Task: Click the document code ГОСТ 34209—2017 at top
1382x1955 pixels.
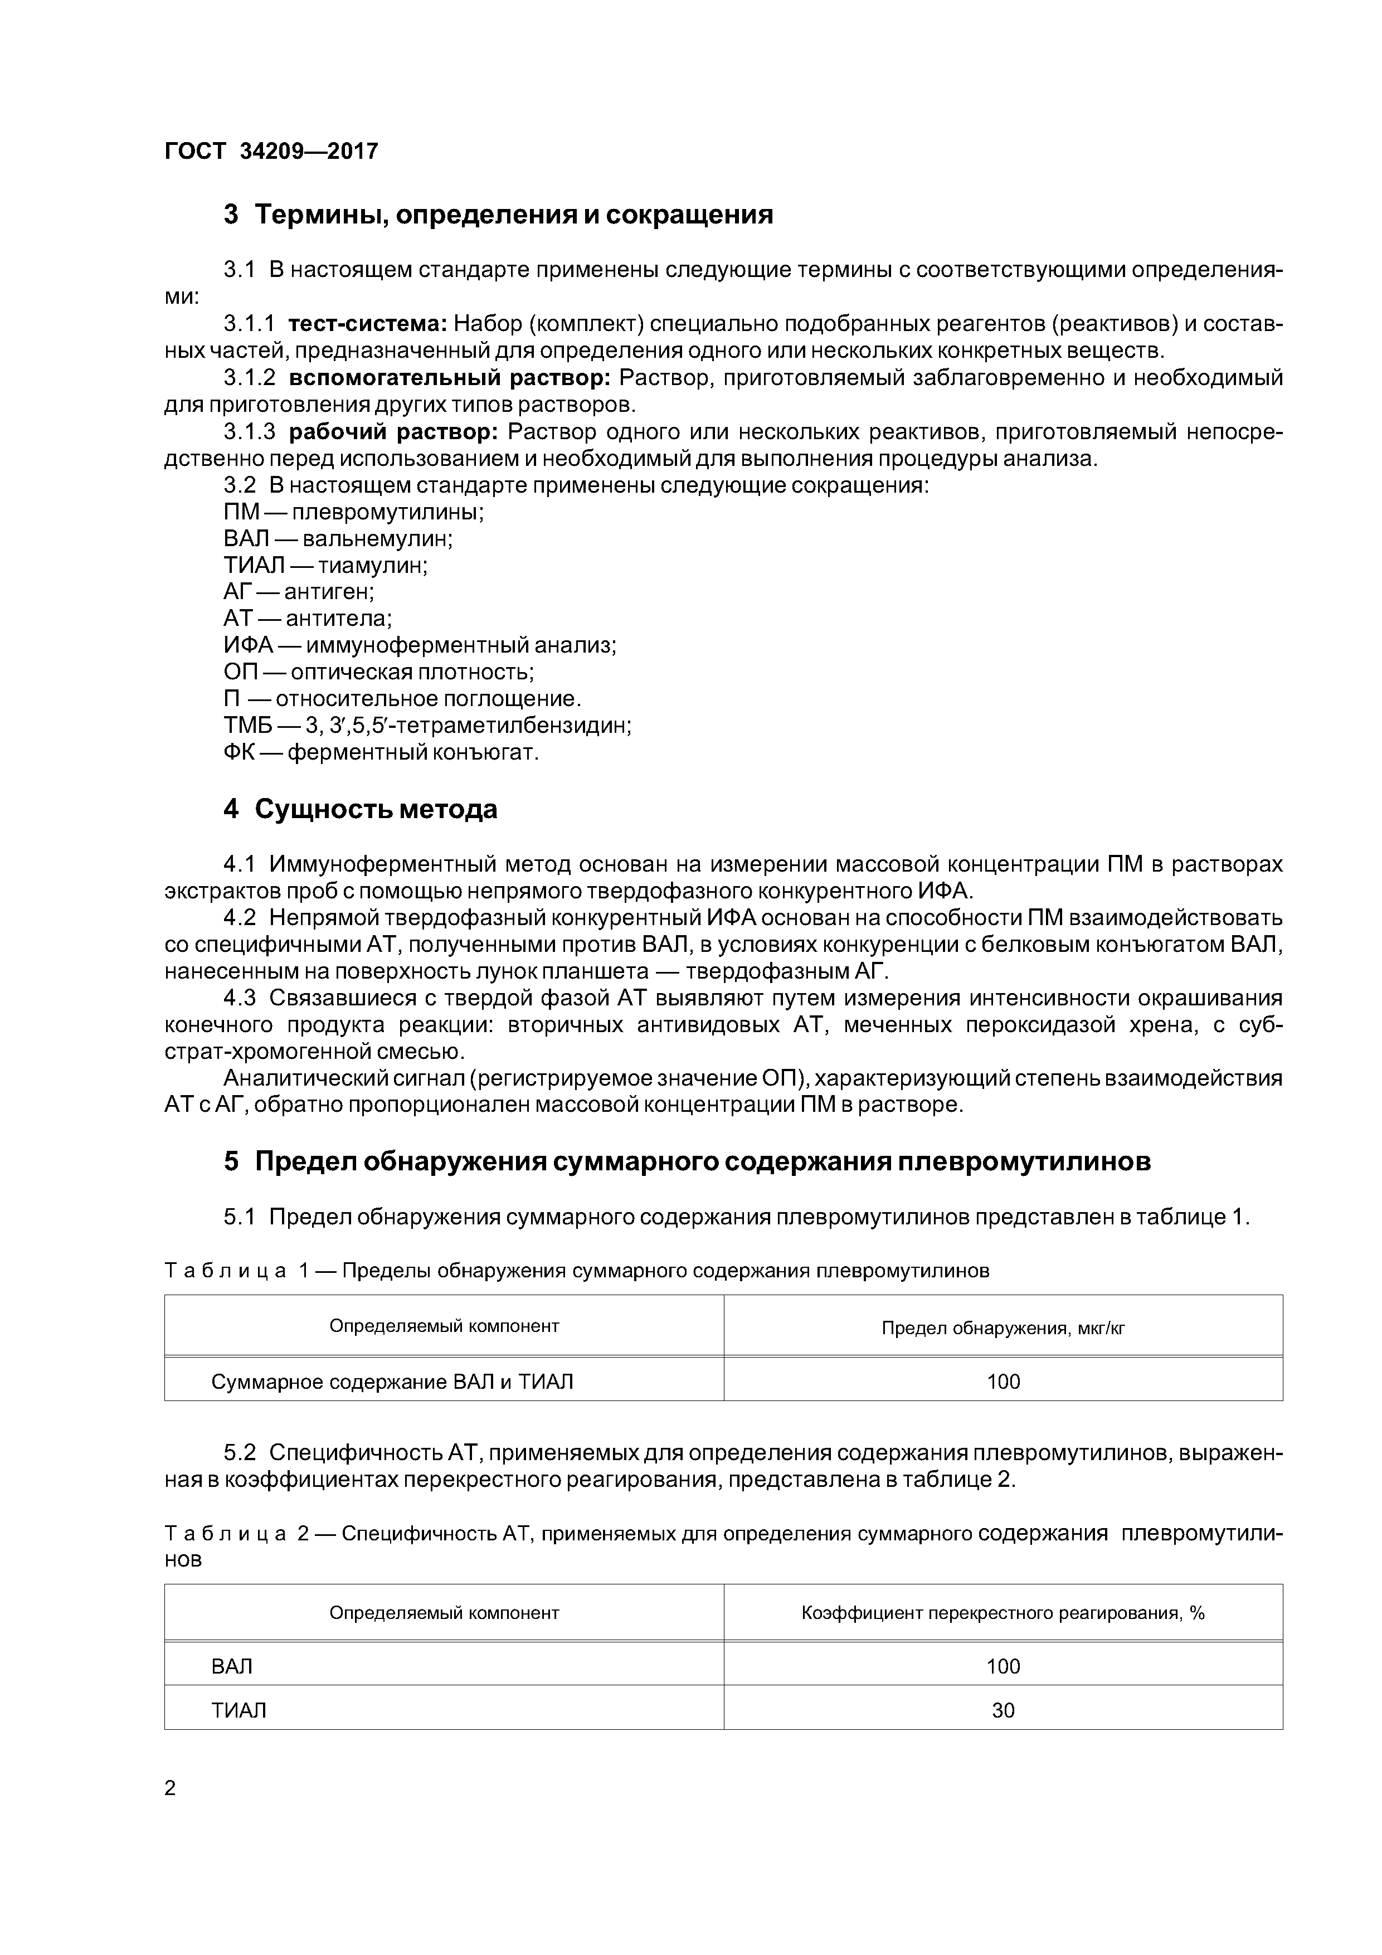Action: [271, 152]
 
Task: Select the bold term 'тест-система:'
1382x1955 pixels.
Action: [368, 324]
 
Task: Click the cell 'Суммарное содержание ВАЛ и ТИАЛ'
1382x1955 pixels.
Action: [392, 1382]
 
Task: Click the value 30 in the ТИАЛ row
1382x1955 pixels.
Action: [1003, 1711]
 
